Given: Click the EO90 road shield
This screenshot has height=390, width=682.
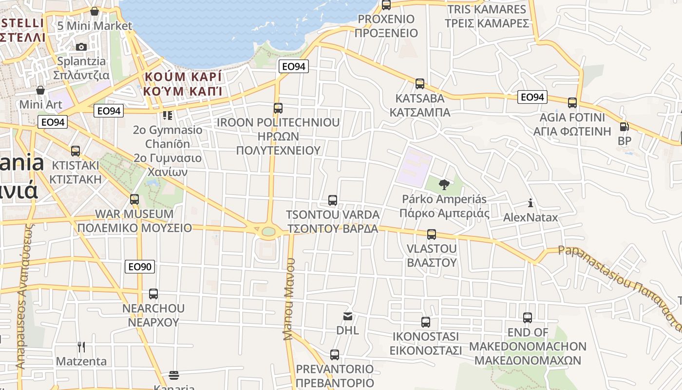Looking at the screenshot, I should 140,267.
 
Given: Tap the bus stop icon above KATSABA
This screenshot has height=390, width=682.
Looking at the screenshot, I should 420,84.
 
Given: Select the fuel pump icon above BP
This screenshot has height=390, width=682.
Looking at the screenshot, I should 624,127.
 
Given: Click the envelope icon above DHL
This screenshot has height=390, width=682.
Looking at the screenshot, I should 348,316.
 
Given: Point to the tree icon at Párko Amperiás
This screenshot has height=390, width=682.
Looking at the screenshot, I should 444,184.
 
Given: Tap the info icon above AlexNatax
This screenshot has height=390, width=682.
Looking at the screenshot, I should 530,203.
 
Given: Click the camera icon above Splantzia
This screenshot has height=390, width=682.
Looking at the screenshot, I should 81,47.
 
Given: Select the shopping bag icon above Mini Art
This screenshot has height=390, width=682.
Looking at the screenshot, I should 40,90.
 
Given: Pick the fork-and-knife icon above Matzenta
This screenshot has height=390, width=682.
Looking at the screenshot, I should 81,347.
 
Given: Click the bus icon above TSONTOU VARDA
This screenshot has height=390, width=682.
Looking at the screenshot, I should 333,200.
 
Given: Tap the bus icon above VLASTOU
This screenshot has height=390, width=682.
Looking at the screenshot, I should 432,234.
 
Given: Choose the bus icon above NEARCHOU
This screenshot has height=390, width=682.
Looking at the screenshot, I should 153,294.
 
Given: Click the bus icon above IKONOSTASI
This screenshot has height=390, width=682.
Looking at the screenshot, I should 426,322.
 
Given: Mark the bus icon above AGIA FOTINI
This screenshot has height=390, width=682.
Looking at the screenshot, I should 572,103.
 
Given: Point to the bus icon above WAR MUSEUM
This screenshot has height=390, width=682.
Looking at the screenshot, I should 134,199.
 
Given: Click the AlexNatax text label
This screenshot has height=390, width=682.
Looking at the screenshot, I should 530,217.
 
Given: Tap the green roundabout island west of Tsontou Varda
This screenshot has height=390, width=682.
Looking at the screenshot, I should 268,231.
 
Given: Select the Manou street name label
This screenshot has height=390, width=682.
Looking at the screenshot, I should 289,299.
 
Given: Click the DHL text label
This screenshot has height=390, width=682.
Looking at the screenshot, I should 348,331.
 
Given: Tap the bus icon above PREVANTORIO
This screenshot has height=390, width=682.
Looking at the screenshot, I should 335,354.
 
